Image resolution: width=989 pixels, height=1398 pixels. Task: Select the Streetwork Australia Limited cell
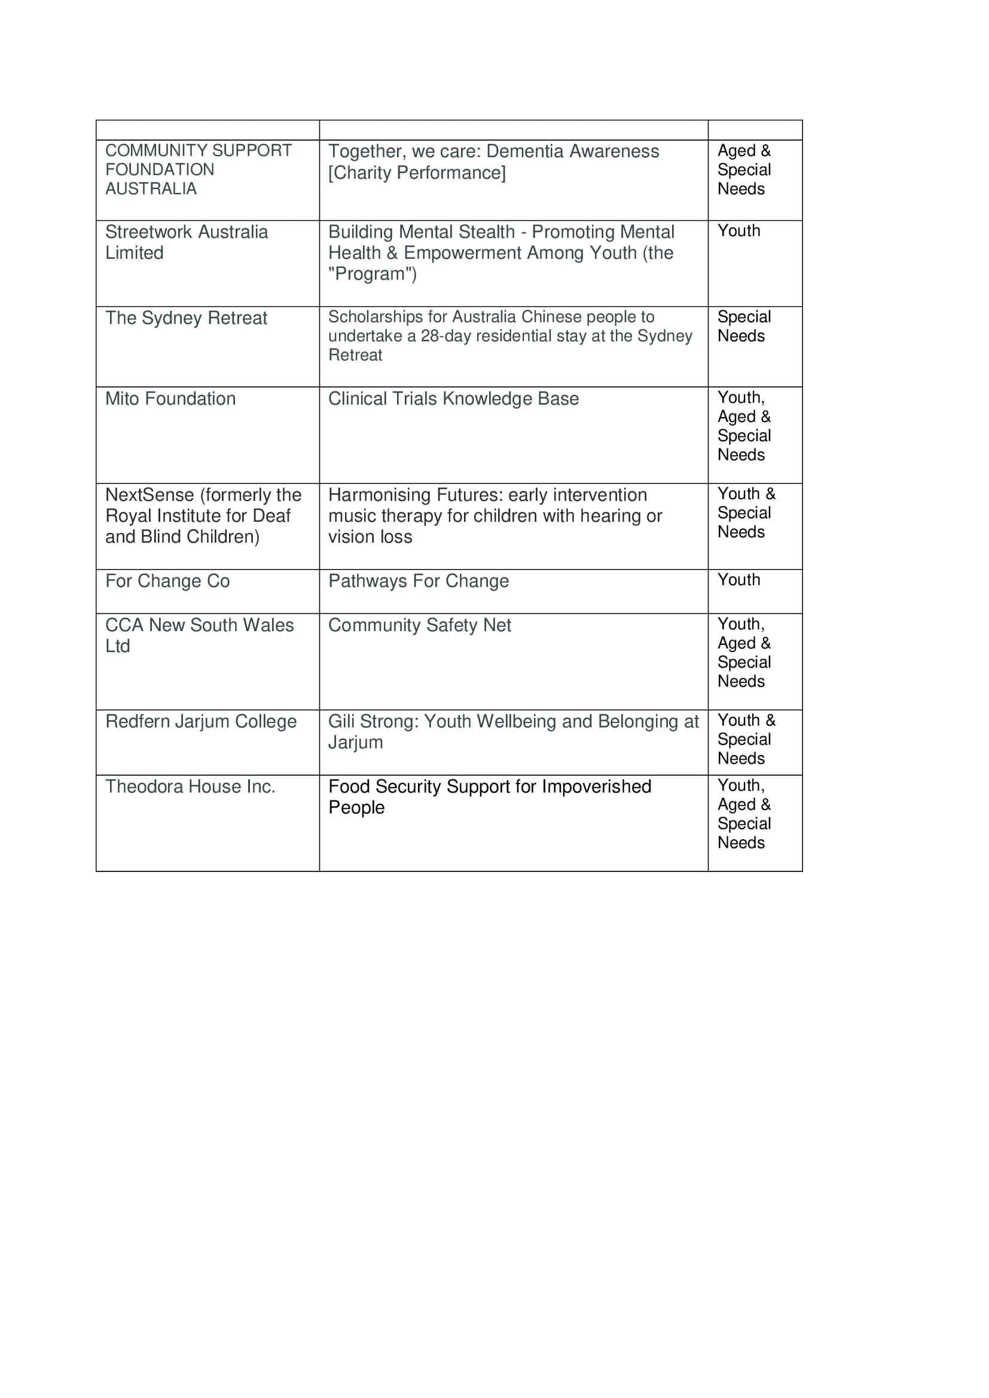click(x=187, y=242)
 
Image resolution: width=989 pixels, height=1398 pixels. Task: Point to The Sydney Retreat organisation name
click(x=187, y=318)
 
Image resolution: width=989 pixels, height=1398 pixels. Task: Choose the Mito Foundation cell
click(x=170, y=399)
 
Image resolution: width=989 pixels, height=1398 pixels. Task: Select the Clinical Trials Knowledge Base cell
click(x=453, y=399)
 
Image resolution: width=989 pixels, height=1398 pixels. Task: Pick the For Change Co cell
click(x=167, y=581)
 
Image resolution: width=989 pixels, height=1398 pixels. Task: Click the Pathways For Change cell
click(x=419, y=581)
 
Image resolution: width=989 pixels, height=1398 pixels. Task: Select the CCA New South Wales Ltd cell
click(x=199, y=635)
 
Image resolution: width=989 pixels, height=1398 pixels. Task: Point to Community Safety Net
click(x=420, y=625)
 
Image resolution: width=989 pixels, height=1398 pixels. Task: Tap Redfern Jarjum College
click(x=201, y=721)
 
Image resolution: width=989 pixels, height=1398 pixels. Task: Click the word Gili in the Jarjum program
click(x=341, y=721)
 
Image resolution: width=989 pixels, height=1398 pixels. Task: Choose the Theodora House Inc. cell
click(x=190, y=787)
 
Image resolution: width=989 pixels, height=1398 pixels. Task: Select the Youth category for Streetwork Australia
click(x=738, y=231)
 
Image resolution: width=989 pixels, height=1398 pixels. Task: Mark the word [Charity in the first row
click(x=360, y=173)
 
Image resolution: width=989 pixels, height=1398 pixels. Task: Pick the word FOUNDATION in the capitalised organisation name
click(x=160, y=170)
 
